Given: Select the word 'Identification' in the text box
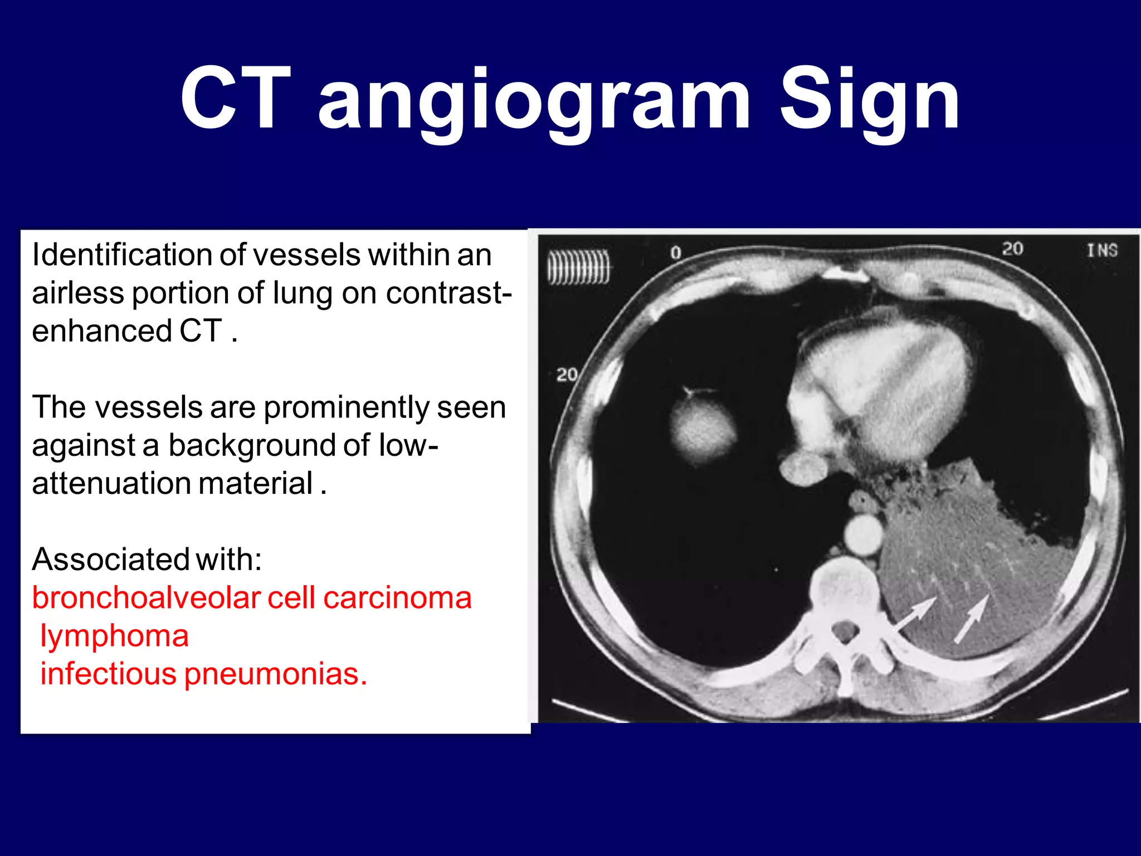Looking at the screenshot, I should click(120, 255).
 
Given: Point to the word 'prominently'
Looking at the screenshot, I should click(346, 408).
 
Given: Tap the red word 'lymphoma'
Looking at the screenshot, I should click(114, 636).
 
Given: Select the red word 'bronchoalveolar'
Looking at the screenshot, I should click(146, 598).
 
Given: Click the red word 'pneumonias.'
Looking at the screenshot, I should click(276, 674).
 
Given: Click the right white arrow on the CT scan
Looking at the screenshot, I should click(972, 619).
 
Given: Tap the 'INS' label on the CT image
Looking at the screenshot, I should click(1102, 250).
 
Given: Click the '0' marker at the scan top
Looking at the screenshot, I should click(675, 253).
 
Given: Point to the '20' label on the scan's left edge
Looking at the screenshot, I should click(566, 374).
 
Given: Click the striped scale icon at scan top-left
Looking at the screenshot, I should click(578, 267).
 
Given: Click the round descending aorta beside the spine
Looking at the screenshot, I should click(863, 534).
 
